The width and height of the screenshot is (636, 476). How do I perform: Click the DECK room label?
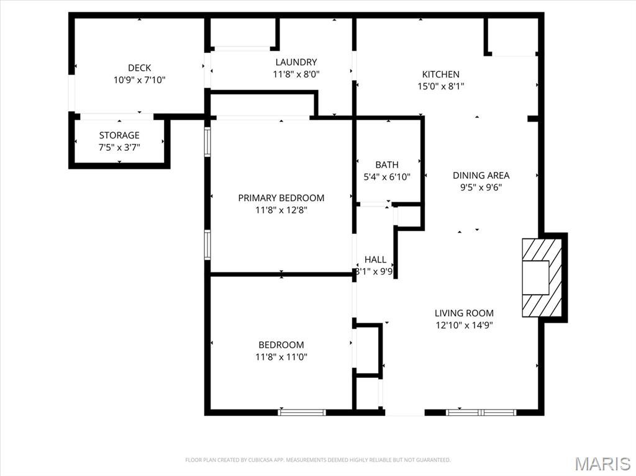pos(139,68)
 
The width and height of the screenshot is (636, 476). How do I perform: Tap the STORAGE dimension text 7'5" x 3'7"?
pos(119,147)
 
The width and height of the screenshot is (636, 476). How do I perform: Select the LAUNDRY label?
pos(296,62)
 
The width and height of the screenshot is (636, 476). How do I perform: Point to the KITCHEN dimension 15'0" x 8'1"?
pos(440,86)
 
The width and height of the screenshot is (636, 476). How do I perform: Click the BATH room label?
pos(387,164)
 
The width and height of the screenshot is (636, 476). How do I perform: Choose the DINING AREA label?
pos(481,176)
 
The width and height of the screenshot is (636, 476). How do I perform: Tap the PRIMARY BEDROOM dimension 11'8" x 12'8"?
pos(281,210)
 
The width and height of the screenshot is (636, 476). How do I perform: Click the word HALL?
pos(375,259)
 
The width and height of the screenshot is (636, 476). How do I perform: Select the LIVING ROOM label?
pos(464,313)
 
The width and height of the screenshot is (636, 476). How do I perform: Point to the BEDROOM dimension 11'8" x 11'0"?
pos(281,357)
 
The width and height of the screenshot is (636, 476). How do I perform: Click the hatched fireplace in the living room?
pos(542,277)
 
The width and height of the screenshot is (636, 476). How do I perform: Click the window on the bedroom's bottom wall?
pos(302,411)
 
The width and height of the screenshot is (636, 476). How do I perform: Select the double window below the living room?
pos(481,411)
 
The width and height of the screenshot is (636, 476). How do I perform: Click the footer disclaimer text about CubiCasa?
pos(318,460)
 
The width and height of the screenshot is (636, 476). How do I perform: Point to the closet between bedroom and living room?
pos(368,349)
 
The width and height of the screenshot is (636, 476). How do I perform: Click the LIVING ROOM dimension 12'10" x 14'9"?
pos(464,325)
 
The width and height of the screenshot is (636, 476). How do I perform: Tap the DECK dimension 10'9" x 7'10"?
pos(139,79)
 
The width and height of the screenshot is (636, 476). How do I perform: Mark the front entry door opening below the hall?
pos(404,411)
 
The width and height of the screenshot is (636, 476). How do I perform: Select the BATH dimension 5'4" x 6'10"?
pos(387,176)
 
